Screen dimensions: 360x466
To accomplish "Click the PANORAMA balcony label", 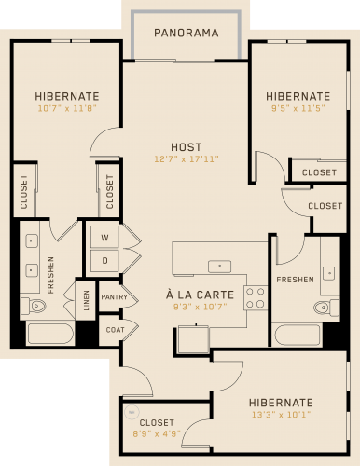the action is click(x=187, y=33).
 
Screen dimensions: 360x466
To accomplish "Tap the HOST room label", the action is click(x=187, y=147).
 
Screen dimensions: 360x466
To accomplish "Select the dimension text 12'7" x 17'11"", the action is click(x=187, y=159).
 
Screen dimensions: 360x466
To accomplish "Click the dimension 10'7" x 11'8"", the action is click(x=67, y=108).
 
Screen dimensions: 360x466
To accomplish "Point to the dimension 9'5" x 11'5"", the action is click(x=298, y=108).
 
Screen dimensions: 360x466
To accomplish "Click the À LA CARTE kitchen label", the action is click(x=200, y=295).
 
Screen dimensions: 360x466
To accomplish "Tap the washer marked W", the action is click(x=104, y=238).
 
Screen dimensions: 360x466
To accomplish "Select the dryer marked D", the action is click(x=104, y=260).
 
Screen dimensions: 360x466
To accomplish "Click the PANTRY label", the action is click(x=115, y=297).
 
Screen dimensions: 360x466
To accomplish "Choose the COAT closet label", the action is click(x=115, y=330).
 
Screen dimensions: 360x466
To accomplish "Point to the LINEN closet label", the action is click(x=86, y=300).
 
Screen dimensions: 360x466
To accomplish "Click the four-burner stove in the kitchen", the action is click(x=256, y=297).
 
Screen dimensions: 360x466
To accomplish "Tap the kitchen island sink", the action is click(x=219, y=267).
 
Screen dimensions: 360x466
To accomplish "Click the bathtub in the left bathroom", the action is click(x=50, y=334).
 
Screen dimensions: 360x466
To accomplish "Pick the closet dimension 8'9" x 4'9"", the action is click(x=157, y=433).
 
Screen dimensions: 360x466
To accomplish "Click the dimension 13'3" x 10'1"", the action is click(x=281, y=415).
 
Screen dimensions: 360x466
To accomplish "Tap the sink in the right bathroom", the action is click(x=329, y=274).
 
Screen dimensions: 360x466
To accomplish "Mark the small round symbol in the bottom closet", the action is click(x=132, y=413).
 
